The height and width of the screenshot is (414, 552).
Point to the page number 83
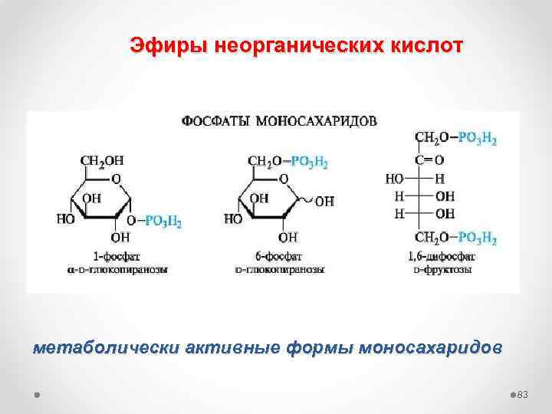(524, 394)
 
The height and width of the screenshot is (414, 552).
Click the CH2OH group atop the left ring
(102, 162)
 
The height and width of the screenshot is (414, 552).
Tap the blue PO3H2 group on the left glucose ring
(164, 222)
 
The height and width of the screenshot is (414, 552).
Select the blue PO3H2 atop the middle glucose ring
(309, 162)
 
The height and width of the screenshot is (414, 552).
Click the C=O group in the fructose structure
(429, 159)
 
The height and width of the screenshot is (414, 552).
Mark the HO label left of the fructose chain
(396, 178)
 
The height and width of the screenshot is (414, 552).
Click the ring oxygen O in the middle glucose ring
(283, 179)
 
